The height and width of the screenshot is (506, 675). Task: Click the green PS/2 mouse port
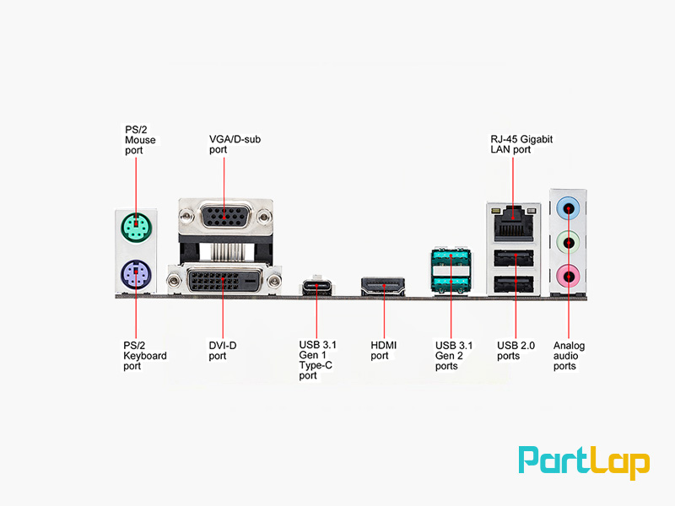(x=136, y=228)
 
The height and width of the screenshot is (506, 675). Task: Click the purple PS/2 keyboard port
(x=136, y=275)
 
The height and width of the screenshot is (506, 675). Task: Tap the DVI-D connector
(x=224, y=281)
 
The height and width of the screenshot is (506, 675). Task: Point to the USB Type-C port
(x=317, y=286)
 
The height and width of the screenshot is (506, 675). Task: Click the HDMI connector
(x=383, y=286)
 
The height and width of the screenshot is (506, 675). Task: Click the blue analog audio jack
(x=568, y=209)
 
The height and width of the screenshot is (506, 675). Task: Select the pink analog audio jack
(x=568, y=277)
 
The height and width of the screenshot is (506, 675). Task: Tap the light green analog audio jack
(x=568, y=243)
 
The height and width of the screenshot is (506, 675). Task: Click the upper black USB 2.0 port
(x=514, y=258)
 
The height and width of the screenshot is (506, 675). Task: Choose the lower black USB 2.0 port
(x=514, y=284)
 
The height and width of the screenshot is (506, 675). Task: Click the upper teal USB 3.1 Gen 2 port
(x=451, y=257)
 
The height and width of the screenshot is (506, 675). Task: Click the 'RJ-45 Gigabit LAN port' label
(x=521, y=144)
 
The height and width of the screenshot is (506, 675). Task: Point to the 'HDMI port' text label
(x=384, y=350)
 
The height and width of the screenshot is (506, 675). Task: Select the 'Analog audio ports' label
(x=569, y=356)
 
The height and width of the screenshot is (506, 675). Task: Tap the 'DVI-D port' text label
(x=223, y=351)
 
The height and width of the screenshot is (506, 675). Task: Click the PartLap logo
(x=584, y=462)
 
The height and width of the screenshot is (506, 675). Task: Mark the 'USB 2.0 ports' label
(x=516, y=351)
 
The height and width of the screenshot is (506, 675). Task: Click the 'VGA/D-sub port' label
(x=235, y=144)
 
